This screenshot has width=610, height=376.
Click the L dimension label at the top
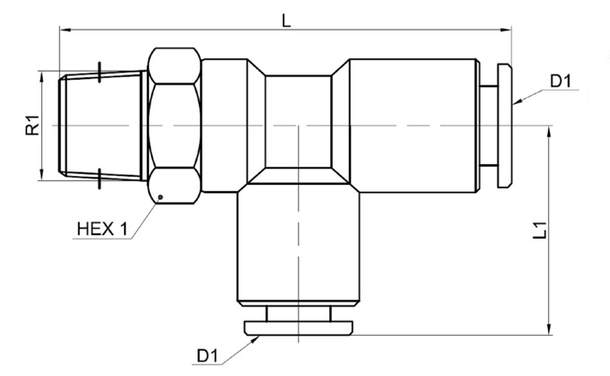285,20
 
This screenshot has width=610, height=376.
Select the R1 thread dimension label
30,127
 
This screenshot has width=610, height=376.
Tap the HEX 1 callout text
102,229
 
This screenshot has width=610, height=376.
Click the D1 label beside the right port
562,82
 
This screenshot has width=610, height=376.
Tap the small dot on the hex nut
159,197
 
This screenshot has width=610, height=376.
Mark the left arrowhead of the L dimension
65,30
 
